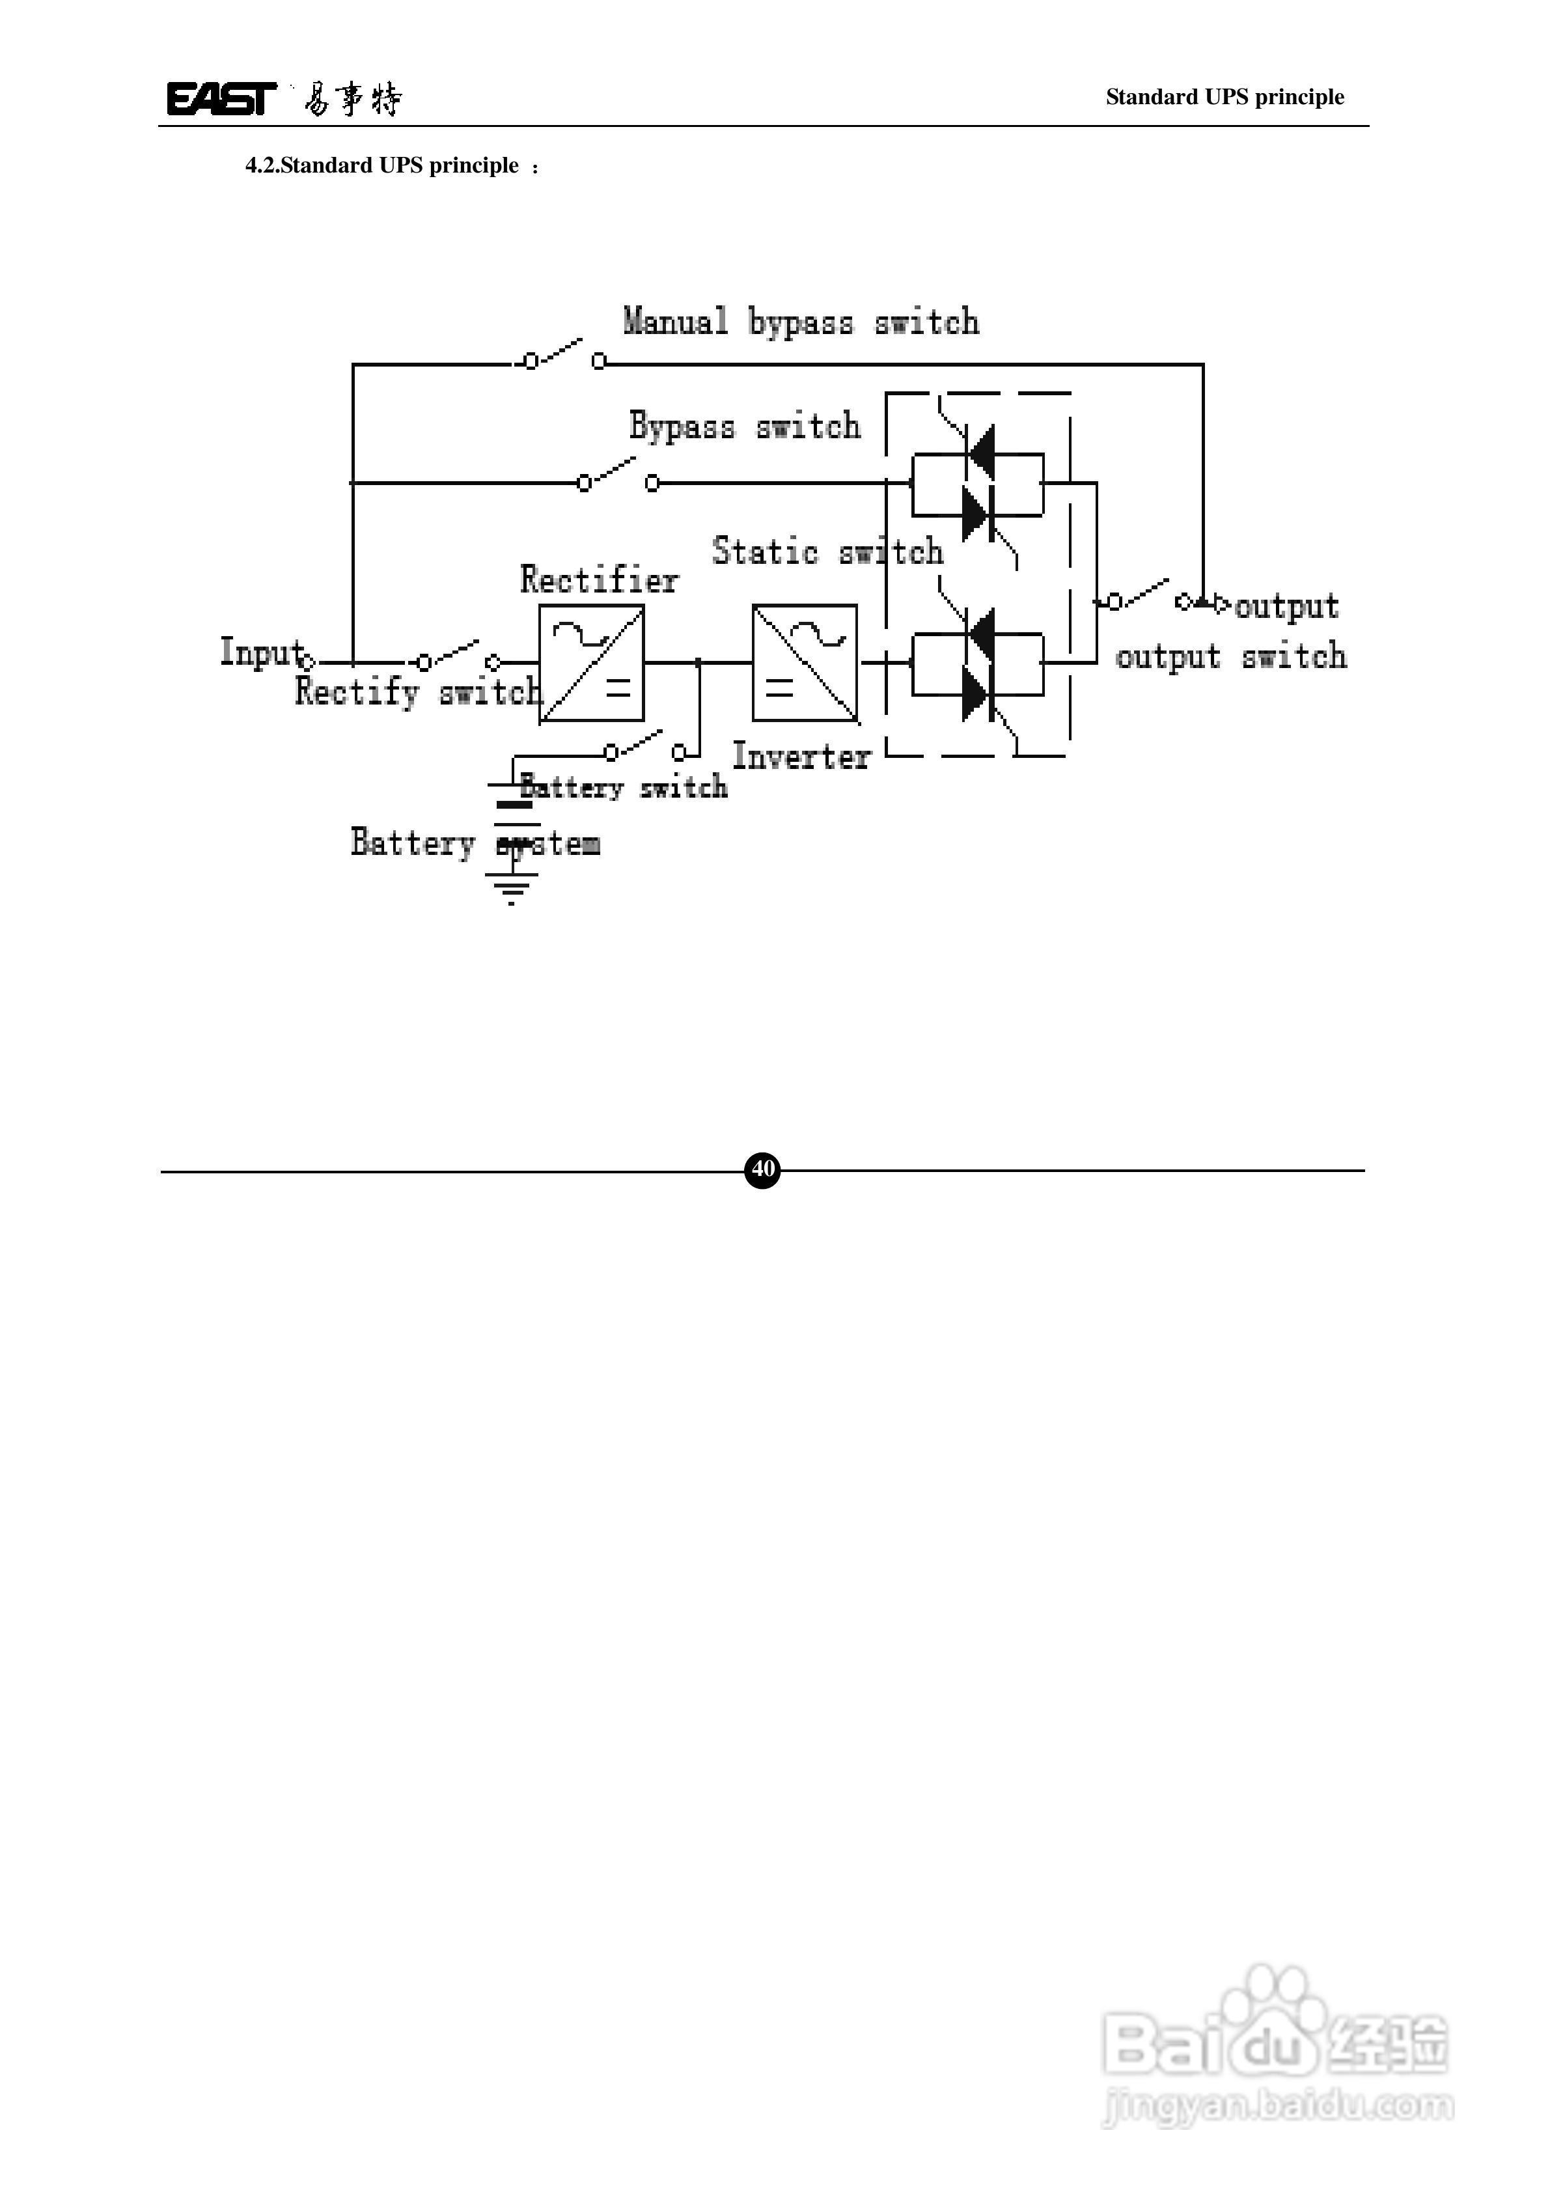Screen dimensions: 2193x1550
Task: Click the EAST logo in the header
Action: click(221, 98)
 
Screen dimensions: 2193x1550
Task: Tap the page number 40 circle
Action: click(762, 1169)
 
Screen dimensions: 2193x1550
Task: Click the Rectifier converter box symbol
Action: click(591, 663)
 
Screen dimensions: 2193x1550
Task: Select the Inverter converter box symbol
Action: click(804, 663)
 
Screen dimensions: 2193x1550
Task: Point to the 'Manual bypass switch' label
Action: click(800, 322)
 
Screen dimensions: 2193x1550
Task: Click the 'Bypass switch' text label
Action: click(744, 426)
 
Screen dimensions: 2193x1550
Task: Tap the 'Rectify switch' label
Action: click(417, 691)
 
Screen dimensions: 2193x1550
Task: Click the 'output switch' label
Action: click(1231, 657)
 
